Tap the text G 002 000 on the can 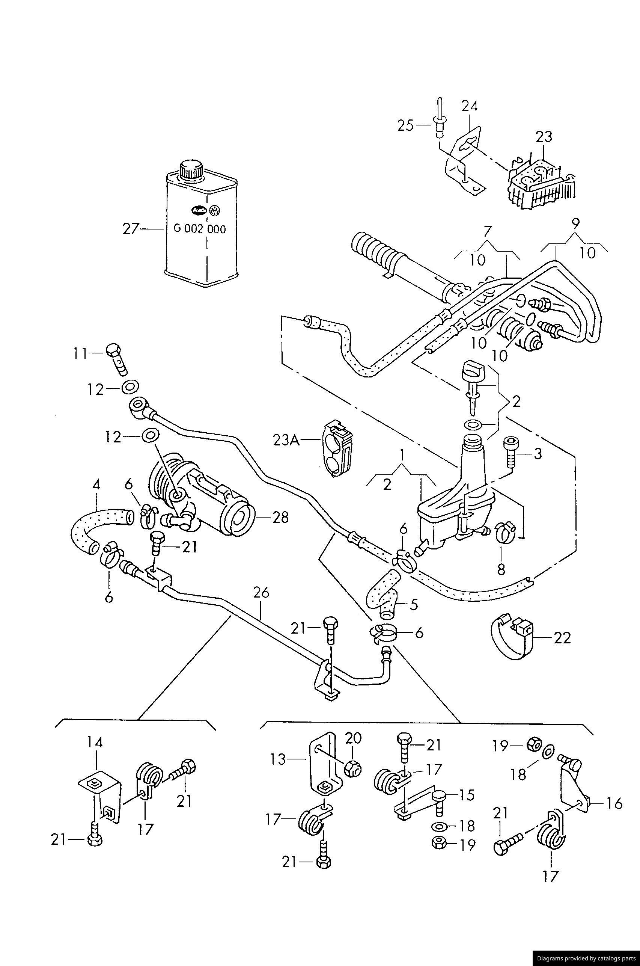[200, 229]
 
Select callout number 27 [131, 229]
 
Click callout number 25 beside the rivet [406, 125]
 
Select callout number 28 [280, 518]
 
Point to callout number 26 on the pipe [261, 593]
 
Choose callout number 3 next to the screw [538, 453]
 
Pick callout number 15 [467, 794]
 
